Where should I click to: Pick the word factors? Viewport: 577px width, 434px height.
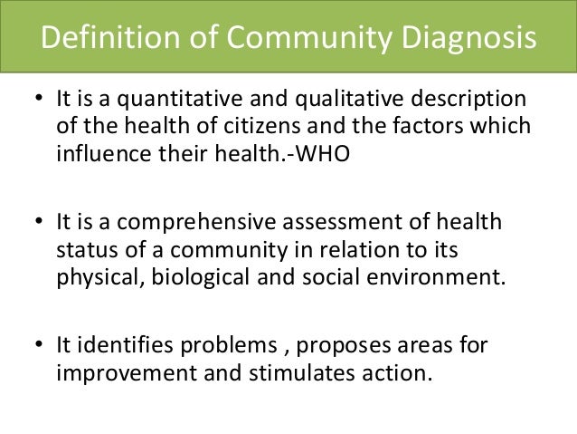(431, 126)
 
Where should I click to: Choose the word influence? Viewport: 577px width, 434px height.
(97, 152)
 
